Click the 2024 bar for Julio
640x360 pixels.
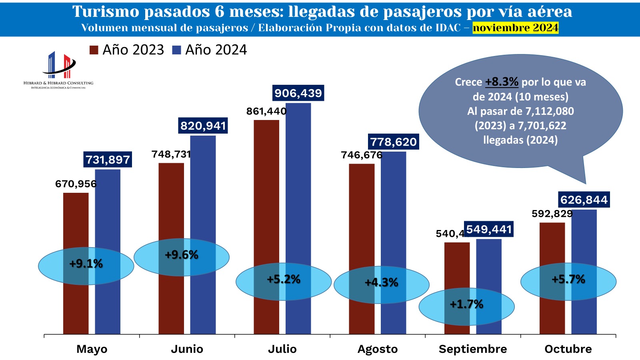tap(298, 180)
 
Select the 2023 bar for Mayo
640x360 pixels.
tap(76, 224)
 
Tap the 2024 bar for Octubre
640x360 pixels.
tap(584, 240)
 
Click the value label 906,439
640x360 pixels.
tap(298, 93)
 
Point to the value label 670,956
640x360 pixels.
tap(76, 184)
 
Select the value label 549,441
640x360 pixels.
tap(489, 229)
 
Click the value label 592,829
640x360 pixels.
tap(552, 214)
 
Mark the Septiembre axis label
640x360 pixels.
tap(473, 349)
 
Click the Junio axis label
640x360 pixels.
tap(187, 349)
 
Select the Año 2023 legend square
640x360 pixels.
tap(94, 50)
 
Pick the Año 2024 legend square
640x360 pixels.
tap(176, 50)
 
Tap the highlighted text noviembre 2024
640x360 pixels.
tap(515, 28)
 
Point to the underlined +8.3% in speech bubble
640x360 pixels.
tap(502, 82)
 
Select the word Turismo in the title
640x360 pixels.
tap(105, 12)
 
